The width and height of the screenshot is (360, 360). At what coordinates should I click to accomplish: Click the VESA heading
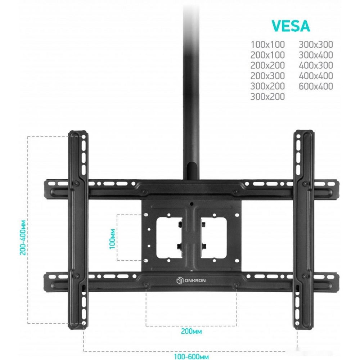291,26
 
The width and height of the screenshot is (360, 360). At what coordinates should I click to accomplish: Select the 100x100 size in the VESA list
267,45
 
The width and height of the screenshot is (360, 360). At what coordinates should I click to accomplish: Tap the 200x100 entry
267,55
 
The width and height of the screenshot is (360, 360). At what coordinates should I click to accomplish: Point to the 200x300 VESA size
267,76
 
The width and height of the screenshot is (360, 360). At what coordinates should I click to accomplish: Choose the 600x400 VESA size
316,86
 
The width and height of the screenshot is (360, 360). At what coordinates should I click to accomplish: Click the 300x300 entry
316,45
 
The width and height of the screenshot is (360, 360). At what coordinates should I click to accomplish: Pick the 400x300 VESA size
316,66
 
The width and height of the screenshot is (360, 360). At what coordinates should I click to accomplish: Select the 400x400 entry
316,76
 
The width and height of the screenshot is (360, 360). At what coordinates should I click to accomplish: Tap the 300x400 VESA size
316,55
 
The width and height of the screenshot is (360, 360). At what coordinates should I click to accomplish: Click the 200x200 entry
267,66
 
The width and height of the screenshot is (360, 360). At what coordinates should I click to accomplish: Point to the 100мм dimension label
112,239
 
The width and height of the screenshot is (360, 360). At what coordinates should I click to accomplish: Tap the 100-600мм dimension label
191,356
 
